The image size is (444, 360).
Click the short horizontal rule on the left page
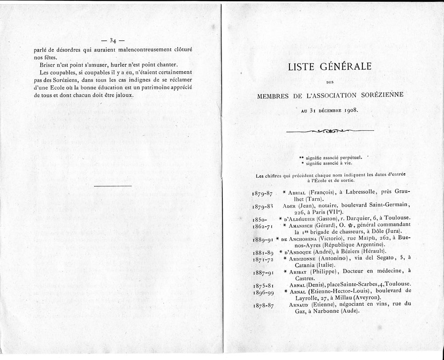pos(113,186)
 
